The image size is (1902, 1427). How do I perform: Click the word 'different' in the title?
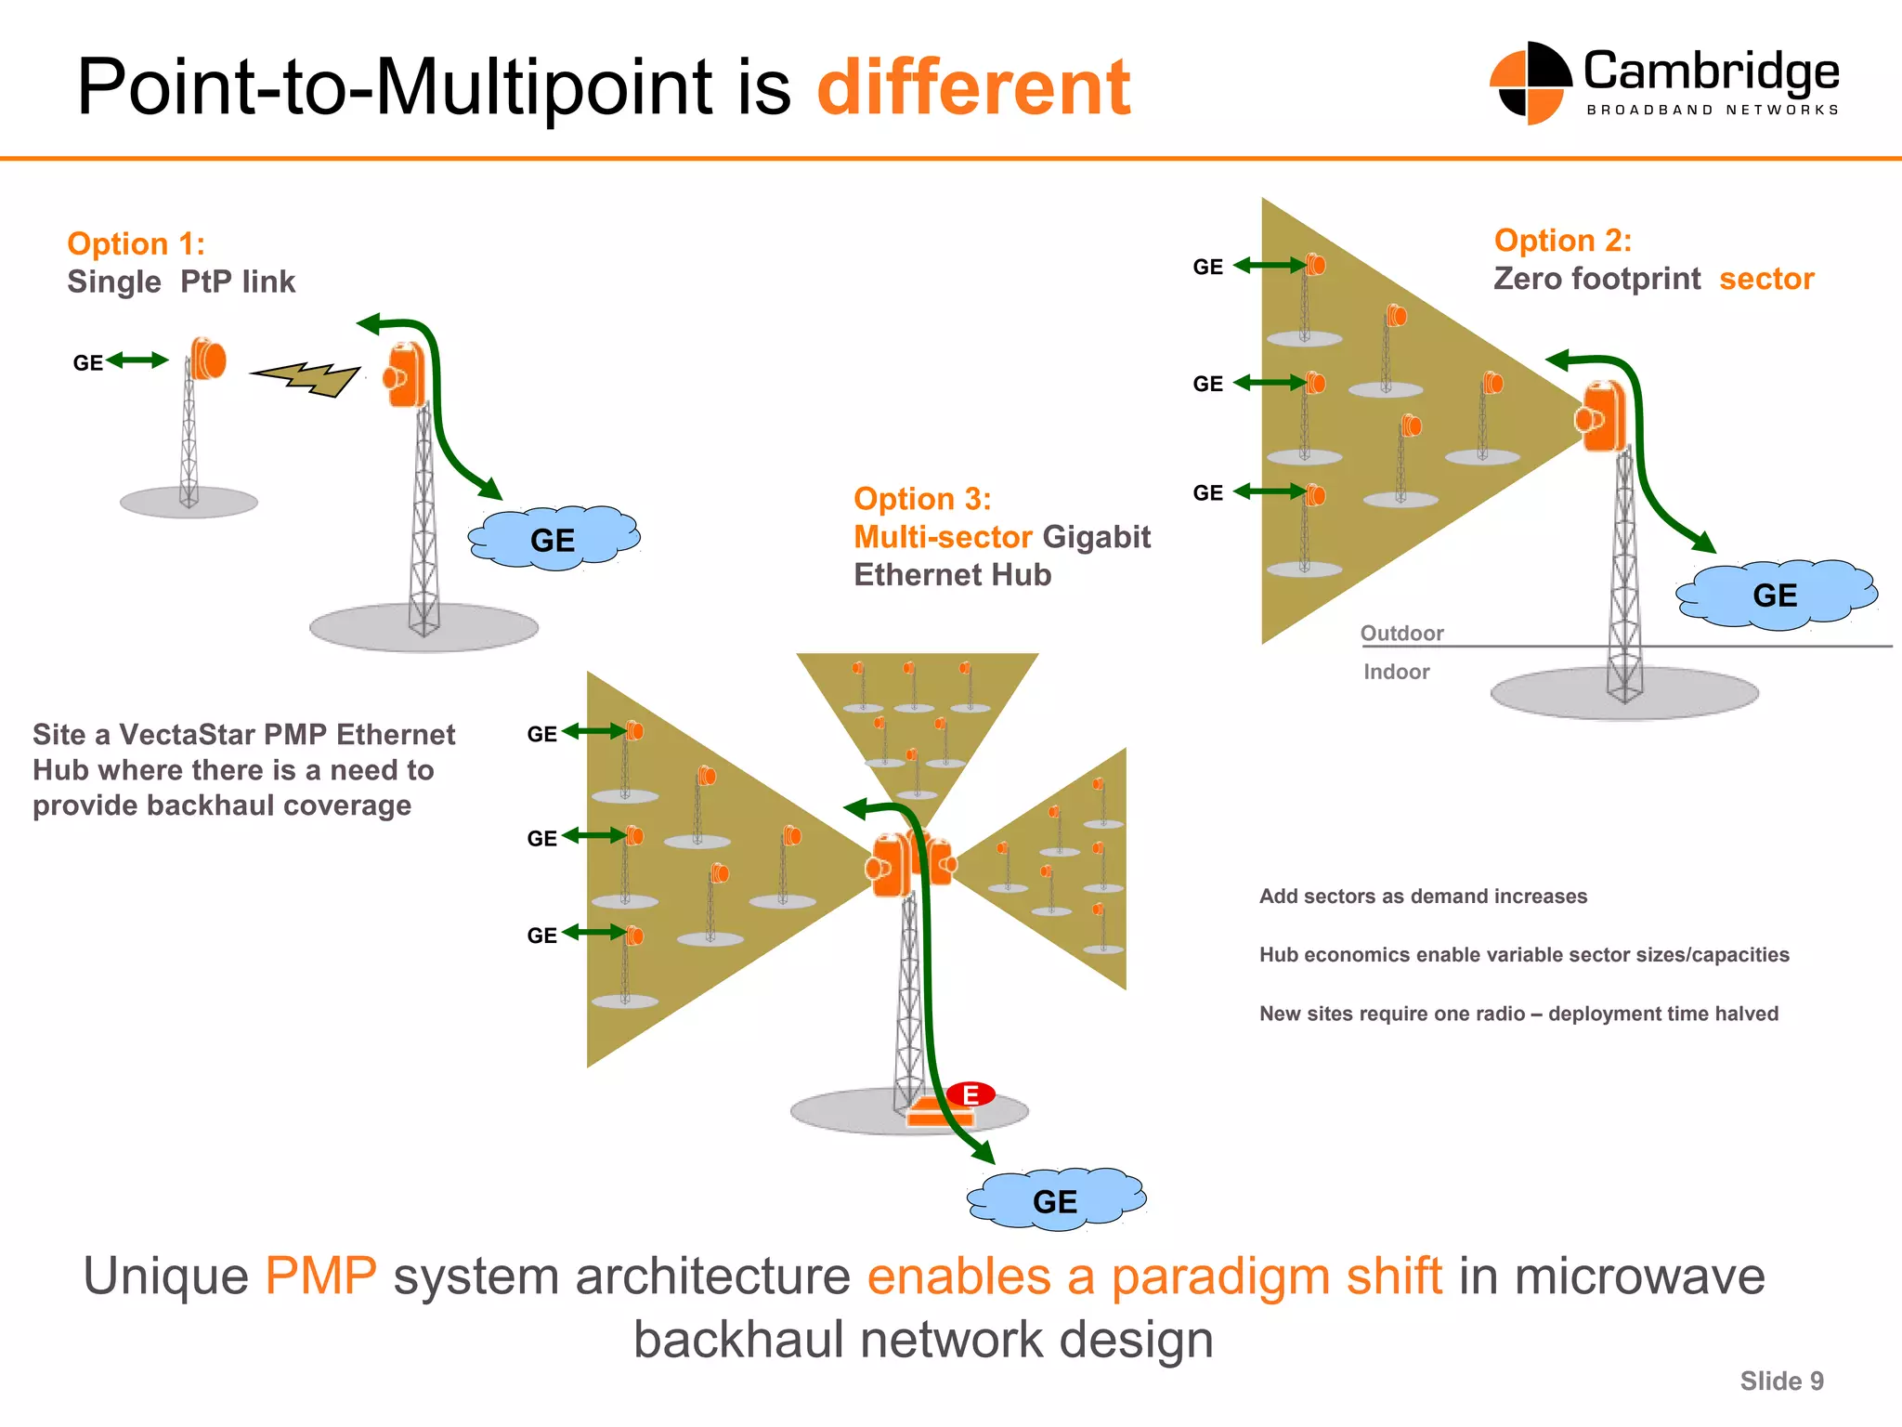click(x=973, y=87)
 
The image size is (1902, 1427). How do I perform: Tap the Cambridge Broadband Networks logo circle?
click(x=1530, y=84)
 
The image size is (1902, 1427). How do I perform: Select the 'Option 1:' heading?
click(x=136, y=243)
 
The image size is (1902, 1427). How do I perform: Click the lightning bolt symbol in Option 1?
click(x=306, y=377)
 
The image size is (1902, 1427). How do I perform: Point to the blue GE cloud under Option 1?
click(x=554, y=539)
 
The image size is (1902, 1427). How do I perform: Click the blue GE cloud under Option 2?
click(x=1775, y=595)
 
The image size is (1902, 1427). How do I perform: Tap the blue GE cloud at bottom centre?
click(x=1055, y=1200)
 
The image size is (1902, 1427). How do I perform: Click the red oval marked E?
click(x=971, y=1094)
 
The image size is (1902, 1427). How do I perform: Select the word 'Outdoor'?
click(x=1401, y=634)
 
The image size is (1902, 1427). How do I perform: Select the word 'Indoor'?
click(x=1396, y=672)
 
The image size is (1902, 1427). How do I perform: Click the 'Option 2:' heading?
click(x=1562, y=241)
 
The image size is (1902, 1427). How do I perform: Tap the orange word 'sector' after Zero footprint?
click(x=1765, y=279)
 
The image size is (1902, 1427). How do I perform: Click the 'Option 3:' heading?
click(x=921, y=499)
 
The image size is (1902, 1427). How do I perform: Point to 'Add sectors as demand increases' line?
click(x=1422, y=897)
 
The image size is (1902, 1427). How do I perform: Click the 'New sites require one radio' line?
click(x=1518, y=1014)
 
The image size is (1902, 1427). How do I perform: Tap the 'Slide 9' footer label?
click(x=1780, y=1381)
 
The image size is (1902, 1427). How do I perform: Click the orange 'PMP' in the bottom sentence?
click(x=320, y=1276)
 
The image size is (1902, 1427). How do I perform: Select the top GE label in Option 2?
click(x=1207, y=268)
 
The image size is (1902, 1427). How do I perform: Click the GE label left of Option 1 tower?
click(x=88, y=363)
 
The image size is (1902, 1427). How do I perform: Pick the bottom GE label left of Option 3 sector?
click(x=541, y=936)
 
